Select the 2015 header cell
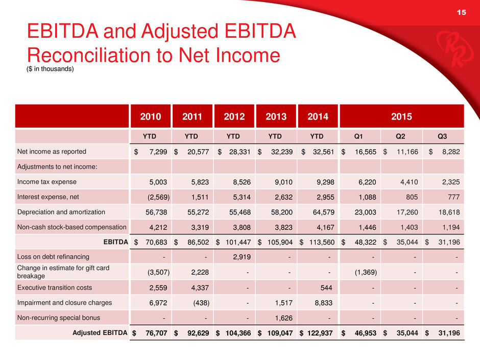(402, 116)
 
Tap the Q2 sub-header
(401, 136)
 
